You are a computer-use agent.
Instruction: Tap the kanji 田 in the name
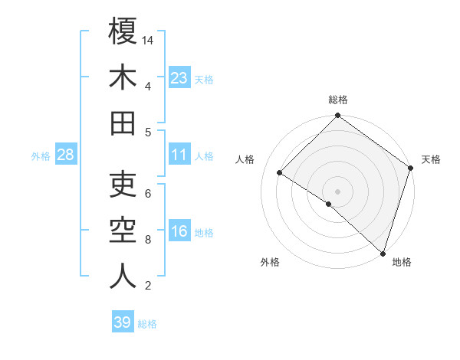[123, 123]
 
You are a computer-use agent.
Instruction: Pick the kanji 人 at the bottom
[123, 277]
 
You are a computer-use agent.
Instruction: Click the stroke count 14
[149, 40]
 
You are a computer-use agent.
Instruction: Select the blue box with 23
[179, 77]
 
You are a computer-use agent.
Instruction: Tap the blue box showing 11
[179, 155]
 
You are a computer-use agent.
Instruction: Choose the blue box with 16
[179, 232]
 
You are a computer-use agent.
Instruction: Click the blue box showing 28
[66, 155]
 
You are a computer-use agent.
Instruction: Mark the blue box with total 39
[123, 322]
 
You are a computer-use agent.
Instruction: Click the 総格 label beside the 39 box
[147, 324]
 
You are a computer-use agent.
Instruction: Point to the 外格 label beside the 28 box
[41, 156]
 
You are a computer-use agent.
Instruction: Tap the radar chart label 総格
[338, 100]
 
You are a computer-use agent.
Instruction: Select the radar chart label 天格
[432, 159]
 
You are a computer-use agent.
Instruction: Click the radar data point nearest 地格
[382, 252]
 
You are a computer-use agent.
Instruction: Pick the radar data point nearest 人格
[280, 173]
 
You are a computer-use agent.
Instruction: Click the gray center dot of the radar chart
[337, 190]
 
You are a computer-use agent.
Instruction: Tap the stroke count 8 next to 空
[148, 240]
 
